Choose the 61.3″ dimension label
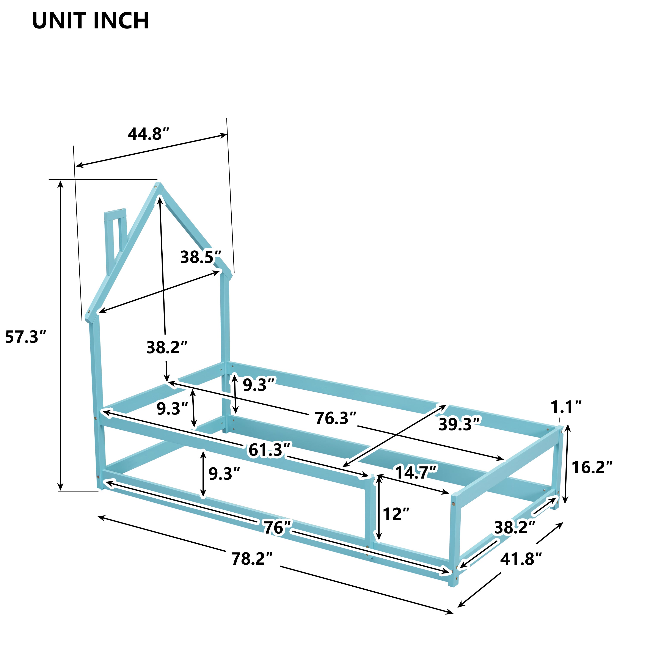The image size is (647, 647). pos(270,450)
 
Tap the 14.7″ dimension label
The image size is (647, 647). pos(416,473)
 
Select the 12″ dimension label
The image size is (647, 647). pos(396,514)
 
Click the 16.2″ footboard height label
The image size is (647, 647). pos(592,468)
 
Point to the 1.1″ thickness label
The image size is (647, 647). pos(566,407)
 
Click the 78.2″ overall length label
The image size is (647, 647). pos(252,559)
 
